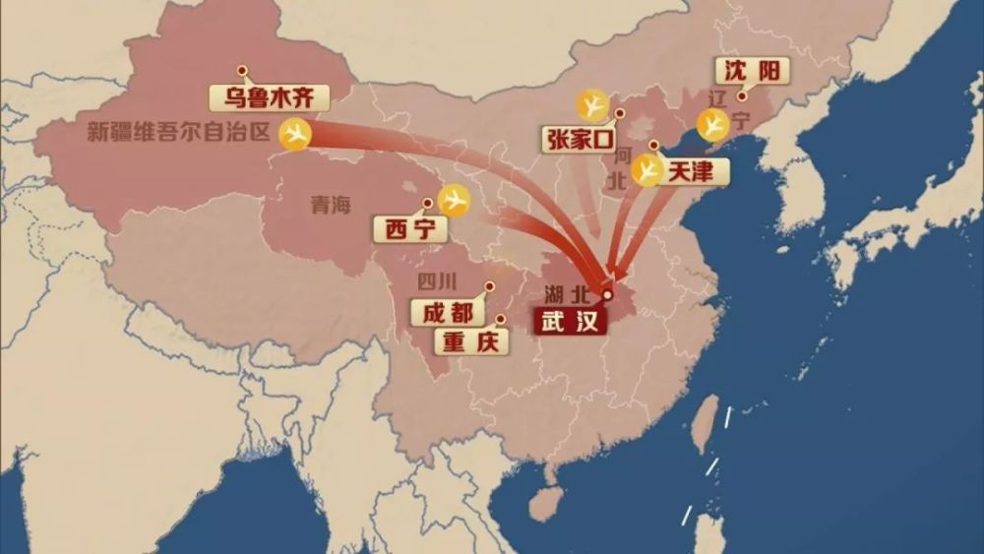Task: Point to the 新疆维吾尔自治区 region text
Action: click(x=178, y=132)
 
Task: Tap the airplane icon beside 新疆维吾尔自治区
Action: click(x=294, y=133)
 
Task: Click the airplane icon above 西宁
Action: click(x=454, y=200)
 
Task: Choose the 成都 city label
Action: click(x=448, y=313)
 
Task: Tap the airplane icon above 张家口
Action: click(x=593, y=104)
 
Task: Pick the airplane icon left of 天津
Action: click(x=647, y=170)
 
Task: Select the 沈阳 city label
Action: click(x=752, y=71)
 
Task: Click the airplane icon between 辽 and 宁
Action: click(x=712, y=124)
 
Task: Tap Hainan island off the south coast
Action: click(x=542, y=501)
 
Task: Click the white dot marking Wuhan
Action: click(x=607, y=294)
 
